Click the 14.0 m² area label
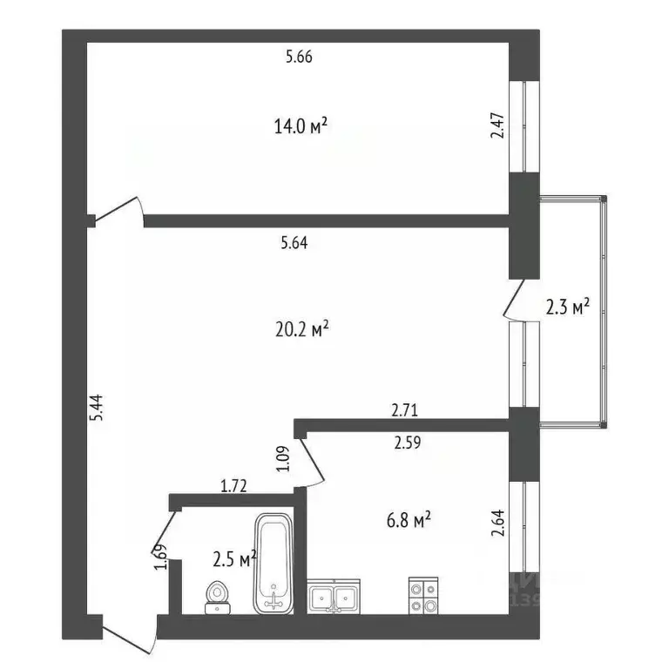pos(301,127)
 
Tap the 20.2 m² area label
pos(301,329)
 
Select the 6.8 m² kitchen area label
pos(410,521)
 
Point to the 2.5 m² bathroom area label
pos(234,557)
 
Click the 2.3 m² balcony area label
pos(568,307)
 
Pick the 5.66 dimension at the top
pos(299,58)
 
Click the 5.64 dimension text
pos(294,245)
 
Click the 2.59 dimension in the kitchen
pos(408,443)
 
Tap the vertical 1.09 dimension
pos(282,459)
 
